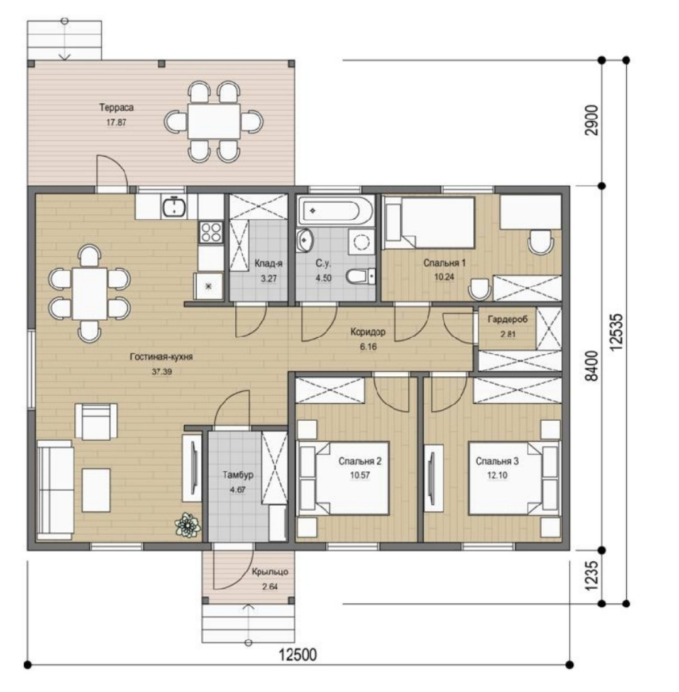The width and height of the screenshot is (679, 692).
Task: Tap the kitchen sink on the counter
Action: tap(174, 207)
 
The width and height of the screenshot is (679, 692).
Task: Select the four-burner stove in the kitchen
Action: tap(211, 232)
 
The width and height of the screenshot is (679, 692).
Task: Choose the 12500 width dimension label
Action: tap(298, 654)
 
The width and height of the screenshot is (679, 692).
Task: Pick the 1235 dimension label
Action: tap(592, 576)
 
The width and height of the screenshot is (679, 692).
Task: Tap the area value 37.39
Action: tap(162, 372)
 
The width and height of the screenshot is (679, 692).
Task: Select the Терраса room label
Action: tap(116, 107)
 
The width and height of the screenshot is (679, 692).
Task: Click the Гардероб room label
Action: tap(507, 319)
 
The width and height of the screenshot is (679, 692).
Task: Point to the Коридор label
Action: tap(368, 332)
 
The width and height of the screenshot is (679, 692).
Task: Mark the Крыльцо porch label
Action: tap(270, 572)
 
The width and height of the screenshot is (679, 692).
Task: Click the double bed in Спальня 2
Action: tap(344, 478)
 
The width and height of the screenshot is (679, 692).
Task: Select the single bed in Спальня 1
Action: tap(429, 223)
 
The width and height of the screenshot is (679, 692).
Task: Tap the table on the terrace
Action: tap(214, 121)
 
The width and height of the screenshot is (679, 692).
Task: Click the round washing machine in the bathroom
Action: tap(362, 242)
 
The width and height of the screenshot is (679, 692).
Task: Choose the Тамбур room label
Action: tap(238, 475)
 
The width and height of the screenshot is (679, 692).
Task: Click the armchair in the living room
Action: tap(96, 421)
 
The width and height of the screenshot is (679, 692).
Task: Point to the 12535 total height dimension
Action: tap(617, 332)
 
